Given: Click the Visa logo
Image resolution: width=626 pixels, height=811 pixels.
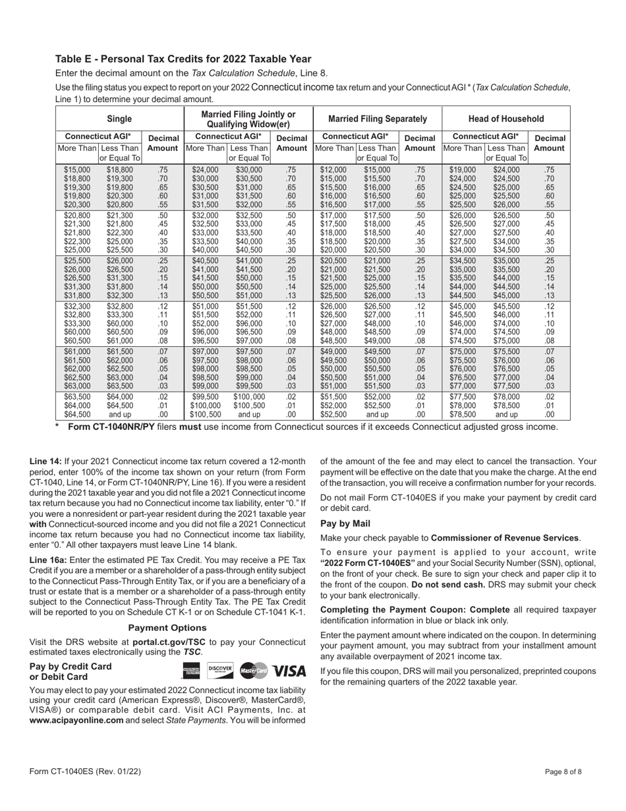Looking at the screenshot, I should (x=289, y=671).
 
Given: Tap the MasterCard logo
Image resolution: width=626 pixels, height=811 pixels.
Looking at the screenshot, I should (x=254, y=671).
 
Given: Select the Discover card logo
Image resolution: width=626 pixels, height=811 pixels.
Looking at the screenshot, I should (x=220, y=670).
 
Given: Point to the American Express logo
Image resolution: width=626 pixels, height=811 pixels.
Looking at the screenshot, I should (x=190, y=671).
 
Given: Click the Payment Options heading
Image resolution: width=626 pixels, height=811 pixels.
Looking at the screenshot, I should (x=167, y=628).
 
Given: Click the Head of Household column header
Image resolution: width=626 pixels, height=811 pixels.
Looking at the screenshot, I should (x=505, y=119).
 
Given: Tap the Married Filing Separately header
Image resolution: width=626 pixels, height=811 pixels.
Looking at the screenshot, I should (x=378, y=119).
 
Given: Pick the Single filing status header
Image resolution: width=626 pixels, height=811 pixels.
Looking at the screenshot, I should (x=119, y=119).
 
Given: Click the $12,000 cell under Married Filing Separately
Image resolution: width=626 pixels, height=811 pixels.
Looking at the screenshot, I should (x=332, y=169).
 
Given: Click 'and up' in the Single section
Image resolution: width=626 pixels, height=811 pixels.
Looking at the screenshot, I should (x=119, y=414).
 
